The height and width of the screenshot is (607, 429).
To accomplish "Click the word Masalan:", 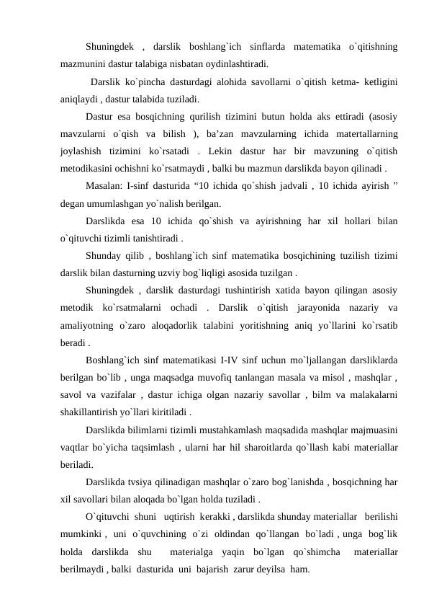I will [106, 185].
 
